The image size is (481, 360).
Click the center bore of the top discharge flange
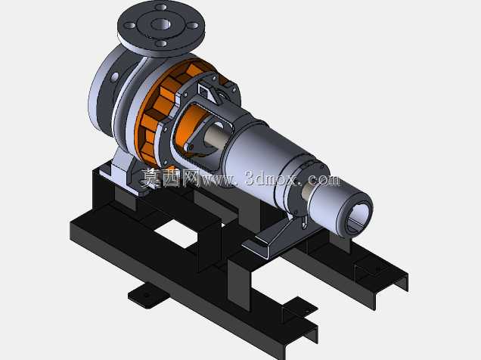161,23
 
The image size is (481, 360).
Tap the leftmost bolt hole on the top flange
130,26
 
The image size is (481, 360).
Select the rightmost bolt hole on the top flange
193,26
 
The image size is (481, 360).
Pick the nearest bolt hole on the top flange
161,43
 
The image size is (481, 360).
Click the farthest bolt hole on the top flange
161,7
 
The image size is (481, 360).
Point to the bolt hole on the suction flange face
114,76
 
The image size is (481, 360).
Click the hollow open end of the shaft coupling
358,218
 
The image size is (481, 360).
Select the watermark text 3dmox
271,178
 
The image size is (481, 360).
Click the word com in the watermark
324,180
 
